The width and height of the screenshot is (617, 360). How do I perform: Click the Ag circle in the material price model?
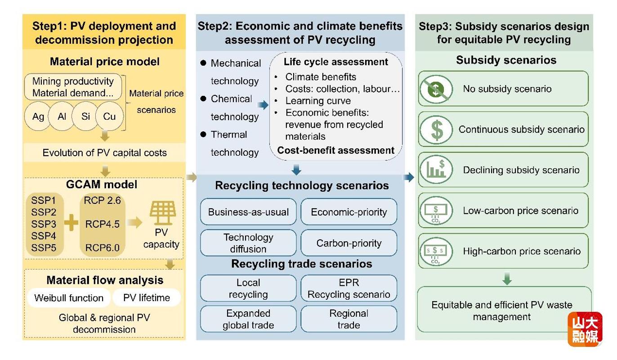(x=38, y=116)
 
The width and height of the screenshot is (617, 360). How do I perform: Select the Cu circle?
(x=109, y=116)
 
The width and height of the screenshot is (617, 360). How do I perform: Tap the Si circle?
(x=85, y=116)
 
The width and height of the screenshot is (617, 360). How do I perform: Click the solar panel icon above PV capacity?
(x=163, y=213)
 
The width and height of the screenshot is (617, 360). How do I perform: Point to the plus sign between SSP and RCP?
(x=71, y=222)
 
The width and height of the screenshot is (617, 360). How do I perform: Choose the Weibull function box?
(x=69, y=298)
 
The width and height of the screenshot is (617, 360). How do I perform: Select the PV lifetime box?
(x=147, y=298)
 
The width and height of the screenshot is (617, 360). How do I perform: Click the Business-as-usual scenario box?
(x=248, y=211)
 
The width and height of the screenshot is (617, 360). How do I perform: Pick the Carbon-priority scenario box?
(x=349, y=243)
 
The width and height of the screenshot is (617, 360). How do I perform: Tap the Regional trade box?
(x=349, y=319)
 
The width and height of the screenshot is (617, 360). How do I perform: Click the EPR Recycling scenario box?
(x=349, y=288)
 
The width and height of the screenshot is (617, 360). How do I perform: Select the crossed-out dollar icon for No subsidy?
(x=436, y=89)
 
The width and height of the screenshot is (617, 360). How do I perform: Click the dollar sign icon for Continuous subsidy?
(x=436, y=130)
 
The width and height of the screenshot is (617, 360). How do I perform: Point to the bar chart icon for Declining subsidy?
(x=436, y=170)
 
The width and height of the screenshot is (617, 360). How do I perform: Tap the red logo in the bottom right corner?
(x=585, y=329)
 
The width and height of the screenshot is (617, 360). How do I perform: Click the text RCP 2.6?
(x=102, y=200)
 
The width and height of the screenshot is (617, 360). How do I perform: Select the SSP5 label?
(x=44, y=248)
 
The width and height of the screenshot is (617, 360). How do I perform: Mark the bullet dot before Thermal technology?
(x=203, y=134)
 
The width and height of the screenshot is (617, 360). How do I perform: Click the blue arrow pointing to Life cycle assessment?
(x=263, y=105)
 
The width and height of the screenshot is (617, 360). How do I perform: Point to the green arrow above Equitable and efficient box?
(x=507, y=279)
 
